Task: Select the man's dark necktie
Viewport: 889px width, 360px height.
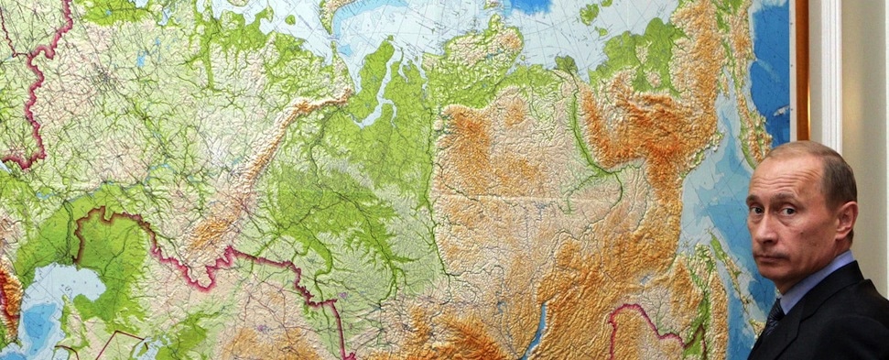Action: pyautogui.click(x=775, y=318)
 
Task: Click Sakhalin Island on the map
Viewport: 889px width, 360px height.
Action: pyautogui.click(x=723, y=275)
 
